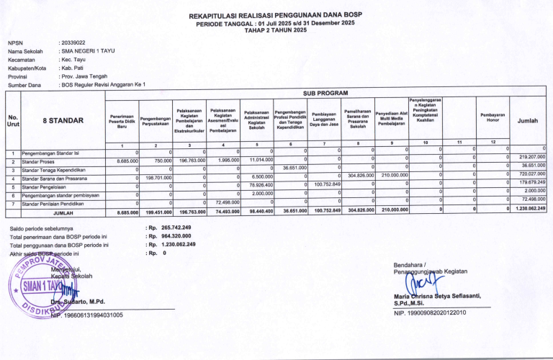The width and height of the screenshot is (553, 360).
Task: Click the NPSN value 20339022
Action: pyautogui.click(x=75, y=42)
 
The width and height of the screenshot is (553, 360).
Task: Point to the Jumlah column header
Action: pyautogui.click(x=527, y=121)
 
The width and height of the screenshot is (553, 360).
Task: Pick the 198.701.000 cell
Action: pyautogui.click(x=157, y=176)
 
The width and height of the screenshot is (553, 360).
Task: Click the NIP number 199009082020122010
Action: pyautogui.click(x=431, y=312)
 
